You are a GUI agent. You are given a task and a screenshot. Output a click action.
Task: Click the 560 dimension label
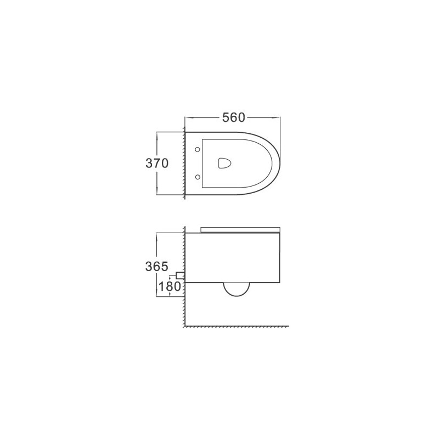tap(234, 117)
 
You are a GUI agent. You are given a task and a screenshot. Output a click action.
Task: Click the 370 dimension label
tap(157, 163)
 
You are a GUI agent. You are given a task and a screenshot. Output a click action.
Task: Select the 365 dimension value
tap(157, 266)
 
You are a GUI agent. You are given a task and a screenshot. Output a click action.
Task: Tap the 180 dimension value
tap(170, 286)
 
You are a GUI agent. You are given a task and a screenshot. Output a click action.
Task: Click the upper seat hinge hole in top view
tap(198, 149)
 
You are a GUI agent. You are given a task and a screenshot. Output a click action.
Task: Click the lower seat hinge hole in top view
tap(198, 177)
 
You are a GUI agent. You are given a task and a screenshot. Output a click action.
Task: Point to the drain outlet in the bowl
tap(225, 163)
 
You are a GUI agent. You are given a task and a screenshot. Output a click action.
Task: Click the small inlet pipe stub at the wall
tap(180, 275)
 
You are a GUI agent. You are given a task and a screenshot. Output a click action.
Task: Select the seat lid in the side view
tap(240, 230)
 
